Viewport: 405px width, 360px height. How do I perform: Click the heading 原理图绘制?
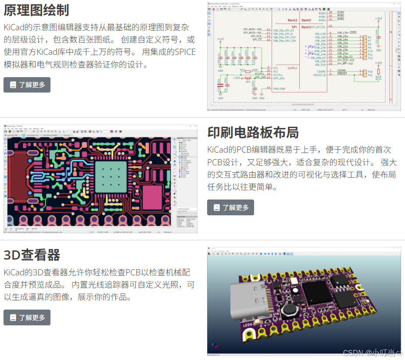pos(36,10)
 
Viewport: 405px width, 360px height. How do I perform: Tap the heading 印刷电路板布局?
pos(253,132)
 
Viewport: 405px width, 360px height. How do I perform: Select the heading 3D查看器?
pos(32,255)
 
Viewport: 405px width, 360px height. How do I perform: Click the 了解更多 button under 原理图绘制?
pos(27,85)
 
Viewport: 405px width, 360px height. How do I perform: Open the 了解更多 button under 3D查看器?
pos(27,317)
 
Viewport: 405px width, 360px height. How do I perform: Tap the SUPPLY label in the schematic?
pos(293,68)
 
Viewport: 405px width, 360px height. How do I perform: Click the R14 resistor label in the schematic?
pos(242,70)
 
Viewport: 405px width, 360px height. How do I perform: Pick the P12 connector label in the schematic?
pos(370,58)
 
